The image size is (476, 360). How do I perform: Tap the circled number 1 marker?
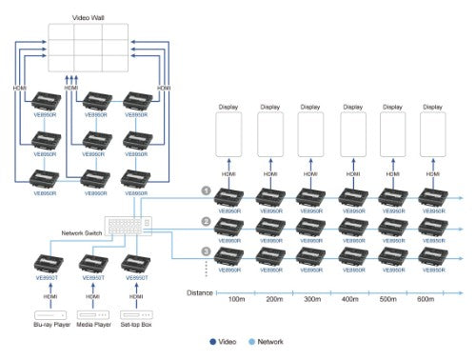click(x=205, y=190)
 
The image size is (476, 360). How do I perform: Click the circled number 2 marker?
click(x=205, y=222)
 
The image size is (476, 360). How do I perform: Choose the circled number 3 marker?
click(x=205, y=252)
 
